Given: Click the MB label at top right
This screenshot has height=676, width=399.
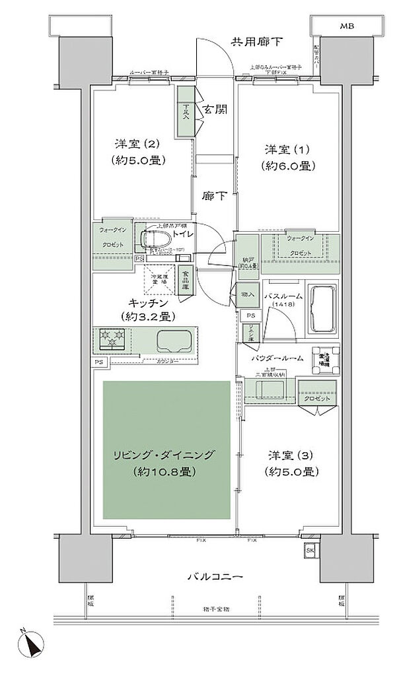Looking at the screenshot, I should tap(347, 26).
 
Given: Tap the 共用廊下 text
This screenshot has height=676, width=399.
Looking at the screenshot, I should tap(257, 42).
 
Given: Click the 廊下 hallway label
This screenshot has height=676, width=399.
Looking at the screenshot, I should tap(213, 197).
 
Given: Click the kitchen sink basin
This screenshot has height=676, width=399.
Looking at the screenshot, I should tap(173, 341).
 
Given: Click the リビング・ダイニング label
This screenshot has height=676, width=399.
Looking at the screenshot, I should tap(165, 454).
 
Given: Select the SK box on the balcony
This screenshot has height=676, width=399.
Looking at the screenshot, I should tap(310, 550).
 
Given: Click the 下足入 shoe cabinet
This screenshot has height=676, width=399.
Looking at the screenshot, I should tap(186, 113).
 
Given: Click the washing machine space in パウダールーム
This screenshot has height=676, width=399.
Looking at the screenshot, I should tap(325, 360).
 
